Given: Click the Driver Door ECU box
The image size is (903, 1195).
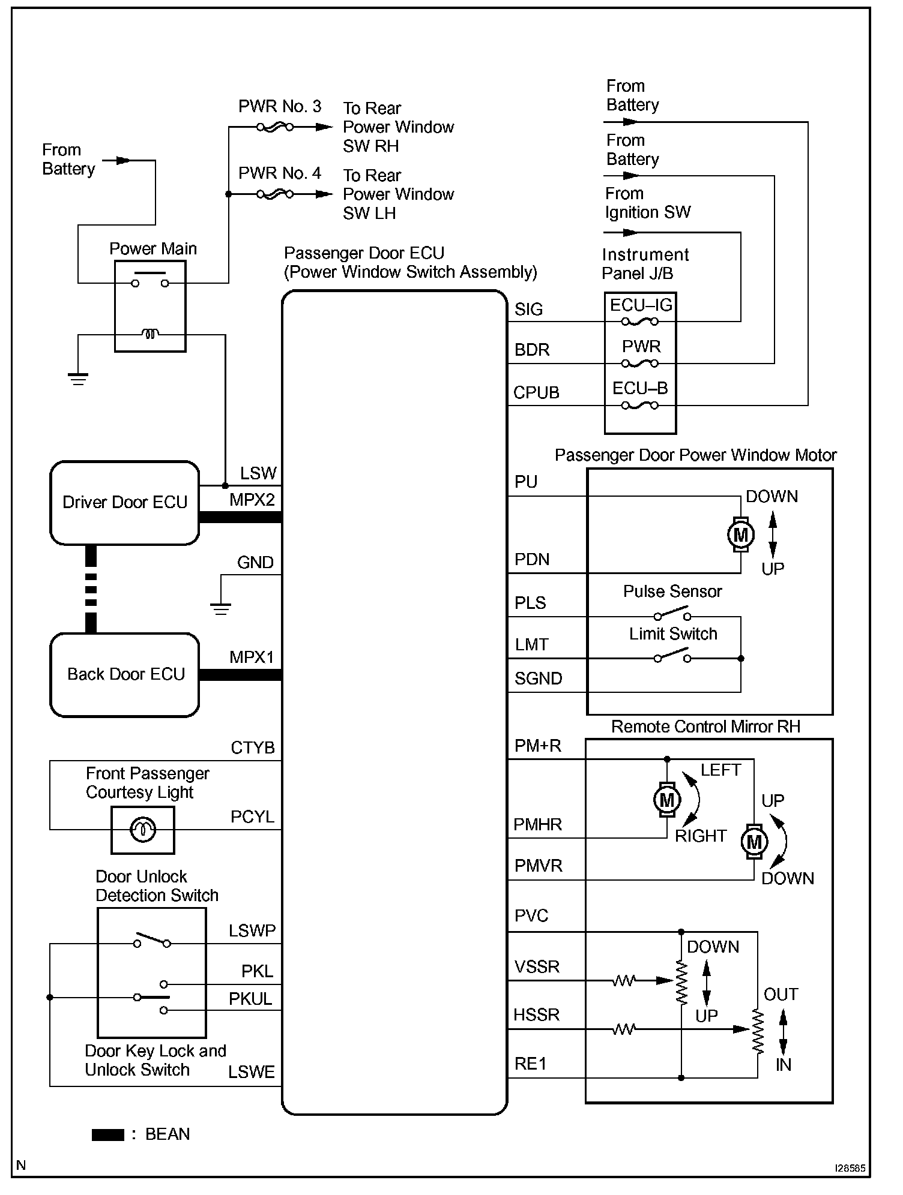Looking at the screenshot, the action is (124, 503).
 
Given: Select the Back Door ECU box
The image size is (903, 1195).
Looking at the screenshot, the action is (124, 675).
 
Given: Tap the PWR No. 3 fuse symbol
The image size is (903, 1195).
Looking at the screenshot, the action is (275, 127).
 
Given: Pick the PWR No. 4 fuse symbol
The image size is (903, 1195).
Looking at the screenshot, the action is (275, 194).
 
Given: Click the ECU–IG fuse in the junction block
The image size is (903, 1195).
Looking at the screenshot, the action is (640, 322).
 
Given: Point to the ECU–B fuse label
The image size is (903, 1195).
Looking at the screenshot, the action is (640, 388).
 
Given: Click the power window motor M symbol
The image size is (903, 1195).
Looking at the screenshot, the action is (740, 535).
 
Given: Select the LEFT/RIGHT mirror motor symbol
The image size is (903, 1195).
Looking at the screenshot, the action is (667, 799).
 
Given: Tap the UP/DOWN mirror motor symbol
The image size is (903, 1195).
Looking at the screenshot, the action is (754, 842).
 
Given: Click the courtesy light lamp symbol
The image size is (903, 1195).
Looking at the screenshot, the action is (143, 830).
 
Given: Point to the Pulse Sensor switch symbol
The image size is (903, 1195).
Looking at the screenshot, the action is (672, 614).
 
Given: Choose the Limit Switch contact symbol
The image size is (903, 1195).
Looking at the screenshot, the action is (672, 656).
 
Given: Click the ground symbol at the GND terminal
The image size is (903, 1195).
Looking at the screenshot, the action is (221, 609).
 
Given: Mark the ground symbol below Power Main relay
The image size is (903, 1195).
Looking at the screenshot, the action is (78, 379).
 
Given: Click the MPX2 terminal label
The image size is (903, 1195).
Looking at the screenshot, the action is (252, 500).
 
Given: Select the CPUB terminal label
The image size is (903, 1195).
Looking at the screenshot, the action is (536, 392).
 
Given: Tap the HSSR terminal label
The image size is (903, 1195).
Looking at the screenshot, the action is (536, 1014).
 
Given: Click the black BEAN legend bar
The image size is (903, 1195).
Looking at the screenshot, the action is (108, 1134).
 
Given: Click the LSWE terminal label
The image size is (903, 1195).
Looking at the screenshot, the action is (252, 1072).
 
